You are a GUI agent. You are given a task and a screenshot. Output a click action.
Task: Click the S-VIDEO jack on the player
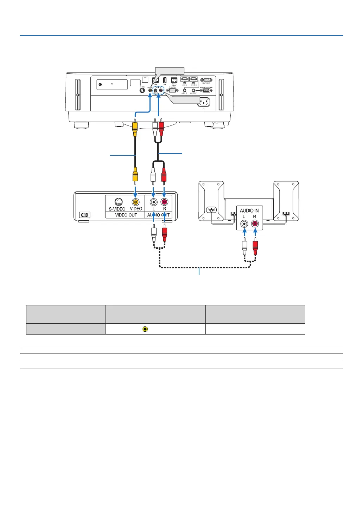pos(118,202)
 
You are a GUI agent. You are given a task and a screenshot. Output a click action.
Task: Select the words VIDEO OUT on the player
pos(126,215)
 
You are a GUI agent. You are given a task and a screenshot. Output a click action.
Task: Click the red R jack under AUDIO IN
pos(255,224)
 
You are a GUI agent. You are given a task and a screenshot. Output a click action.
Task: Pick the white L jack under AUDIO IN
pos(244,224)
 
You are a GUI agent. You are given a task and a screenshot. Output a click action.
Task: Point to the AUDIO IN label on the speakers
pos(249,210)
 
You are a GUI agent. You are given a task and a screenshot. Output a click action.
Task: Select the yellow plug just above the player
pos(135,175)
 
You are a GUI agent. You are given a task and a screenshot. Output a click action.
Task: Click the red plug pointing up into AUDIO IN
pos(255,245)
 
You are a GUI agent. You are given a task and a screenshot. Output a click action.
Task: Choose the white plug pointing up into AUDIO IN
pos(244,245)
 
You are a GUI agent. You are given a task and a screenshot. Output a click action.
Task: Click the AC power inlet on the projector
pos(203,102)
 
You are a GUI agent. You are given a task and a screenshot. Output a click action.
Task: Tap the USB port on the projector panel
pos(165,80)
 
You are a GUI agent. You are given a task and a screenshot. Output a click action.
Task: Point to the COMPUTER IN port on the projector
pos(206,80)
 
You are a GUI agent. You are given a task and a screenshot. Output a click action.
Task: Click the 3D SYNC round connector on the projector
pos(142,90)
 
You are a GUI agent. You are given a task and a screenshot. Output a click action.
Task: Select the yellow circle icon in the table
pos(145,329)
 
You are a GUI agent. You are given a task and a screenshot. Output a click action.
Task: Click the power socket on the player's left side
pos(84,215)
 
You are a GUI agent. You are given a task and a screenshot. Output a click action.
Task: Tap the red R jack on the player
pos(164,202)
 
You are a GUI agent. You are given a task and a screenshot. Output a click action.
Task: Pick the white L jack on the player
pos(153,202)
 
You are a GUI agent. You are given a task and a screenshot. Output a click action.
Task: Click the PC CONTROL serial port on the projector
pos(172,90)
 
